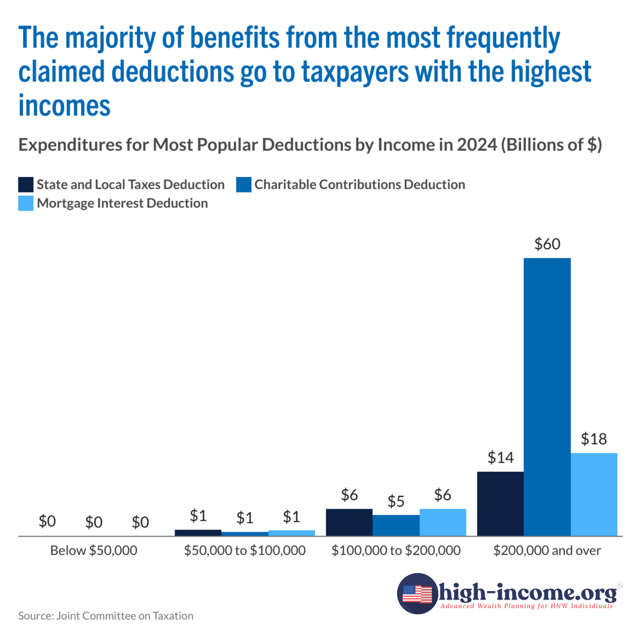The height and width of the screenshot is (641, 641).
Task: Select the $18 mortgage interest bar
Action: click(x=594, y=494)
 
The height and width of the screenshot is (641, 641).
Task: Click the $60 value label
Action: click(x=547, y=244)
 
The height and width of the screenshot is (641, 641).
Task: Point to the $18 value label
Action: click(x=594, y=439)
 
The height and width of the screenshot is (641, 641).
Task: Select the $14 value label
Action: click(x=500, y=458)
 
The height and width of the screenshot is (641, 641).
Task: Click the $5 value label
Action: click(x=396, y=501)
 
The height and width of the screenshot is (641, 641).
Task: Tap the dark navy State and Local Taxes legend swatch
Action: click(x=26, y=185)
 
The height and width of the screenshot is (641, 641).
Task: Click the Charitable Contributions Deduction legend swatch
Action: click(x=244, y=185)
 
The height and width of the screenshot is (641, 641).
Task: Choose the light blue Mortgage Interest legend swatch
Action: click(x=26, y=203)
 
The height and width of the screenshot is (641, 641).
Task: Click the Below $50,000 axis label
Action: click(x=93, y=550)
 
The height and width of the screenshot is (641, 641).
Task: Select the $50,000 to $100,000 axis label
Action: click(x=245, y=550)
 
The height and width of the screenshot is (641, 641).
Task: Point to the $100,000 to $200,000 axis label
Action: click(x=396, y=550)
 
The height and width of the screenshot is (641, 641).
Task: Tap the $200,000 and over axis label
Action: click(x=547, y=550)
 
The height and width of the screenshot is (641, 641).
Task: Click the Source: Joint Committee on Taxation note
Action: click(x=106, y=616)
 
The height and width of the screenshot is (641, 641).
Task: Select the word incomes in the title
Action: click(x=64, y=106)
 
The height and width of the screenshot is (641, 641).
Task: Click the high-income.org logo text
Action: click(x=528, y=593)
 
